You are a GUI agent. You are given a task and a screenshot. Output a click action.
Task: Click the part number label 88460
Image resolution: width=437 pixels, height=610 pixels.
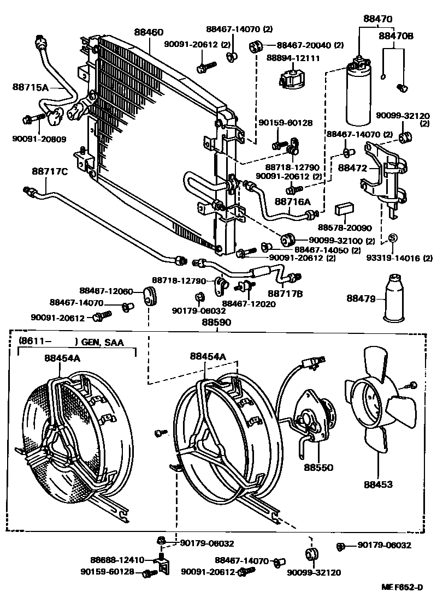pos(149,32)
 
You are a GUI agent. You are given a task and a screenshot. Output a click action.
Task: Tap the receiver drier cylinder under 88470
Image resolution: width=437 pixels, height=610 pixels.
pos(360,95)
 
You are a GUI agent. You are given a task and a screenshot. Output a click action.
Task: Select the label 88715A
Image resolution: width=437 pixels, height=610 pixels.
pos(31,87)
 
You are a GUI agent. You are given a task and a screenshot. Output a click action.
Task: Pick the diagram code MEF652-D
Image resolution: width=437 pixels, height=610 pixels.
pos(402,587)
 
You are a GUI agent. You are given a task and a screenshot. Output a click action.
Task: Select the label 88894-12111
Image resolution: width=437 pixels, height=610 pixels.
pos(293,58)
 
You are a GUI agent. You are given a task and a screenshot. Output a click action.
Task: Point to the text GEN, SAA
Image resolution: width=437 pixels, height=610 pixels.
pos(102,342)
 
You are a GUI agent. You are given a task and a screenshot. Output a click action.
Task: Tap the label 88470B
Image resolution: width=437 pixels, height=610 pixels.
pos(396,36)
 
